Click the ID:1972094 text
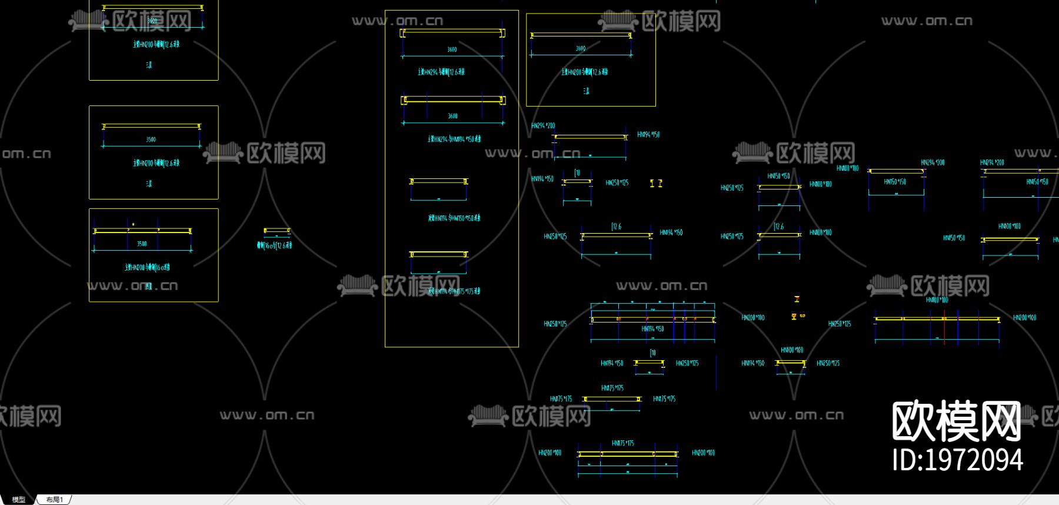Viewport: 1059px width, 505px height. (957, 460)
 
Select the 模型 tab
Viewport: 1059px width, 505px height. (19, 500)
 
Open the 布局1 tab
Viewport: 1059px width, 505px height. (54, 500)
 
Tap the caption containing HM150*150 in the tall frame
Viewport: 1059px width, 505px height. (454, 218)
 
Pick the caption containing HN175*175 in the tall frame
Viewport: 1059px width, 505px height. (454, 291)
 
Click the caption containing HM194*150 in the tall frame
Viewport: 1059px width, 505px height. (454, 139)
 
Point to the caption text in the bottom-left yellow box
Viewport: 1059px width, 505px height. (147, 267)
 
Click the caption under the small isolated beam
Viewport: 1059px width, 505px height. (274, 245)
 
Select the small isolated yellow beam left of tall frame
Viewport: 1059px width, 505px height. (277, 231)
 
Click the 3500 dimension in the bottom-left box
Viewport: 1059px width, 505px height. (142, 244)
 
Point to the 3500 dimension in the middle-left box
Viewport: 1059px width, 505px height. (151, 139)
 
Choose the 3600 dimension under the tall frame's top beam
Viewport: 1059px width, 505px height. (452, 49)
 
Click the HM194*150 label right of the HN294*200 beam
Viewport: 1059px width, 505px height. (648, 135)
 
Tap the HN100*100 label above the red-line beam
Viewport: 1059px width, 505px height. (937, 300)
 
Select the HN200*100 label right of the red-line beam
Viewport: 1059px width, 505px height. (1024, 318)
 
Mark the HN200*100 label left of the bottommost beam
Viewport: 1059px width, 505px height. (550, 453)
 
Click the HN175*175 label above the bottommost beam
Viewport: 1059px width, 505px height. (622, 443)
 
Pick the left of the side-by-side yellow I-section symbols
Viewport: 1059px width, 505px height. (652, 184)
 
